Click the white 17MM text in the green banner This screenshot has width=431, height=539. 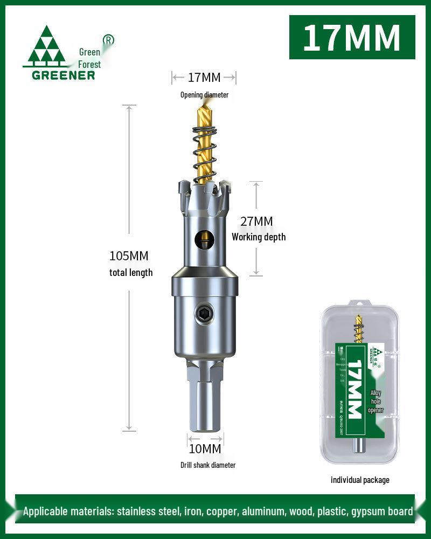(352, 37)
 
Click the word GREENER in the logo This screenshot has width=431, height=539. (63, 75)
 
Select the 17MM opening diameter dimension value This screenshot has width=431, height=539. (204, 78)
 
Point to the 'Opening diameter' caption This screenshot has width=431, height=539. (204, 95)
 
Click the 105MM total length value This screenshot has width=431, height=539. (129, 255)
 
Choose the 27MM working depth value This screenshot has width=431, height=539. (256, 222)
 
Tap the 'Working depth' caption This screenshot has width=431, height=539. (259, 237)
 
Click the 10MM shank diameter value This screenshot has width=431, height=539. (205, 448)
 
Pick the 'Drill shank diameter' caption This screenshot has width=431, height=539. (208, 465)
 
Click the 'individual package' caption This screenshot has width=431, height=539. (360, 480)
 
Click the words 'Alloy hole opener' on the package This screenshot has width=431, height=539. (376, 402)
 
